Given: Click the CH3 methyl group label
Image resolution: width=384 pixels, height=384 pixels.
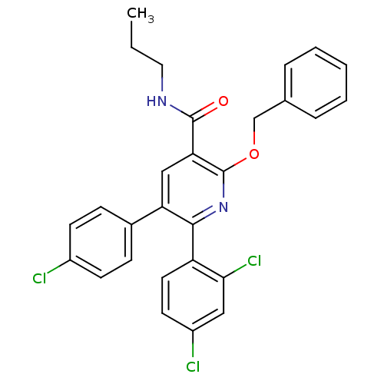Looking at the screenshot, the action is [141, 15].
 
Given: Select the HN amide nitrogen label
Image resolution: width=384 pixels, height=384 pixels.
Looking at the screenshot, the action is [157, 101].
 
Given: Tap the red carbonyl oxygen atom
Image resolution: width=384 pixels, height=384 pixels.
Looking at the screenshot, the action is [223, 101].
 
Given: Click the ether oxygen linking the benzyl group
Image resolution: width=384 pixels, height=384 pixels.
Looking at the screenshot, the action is [254, 154].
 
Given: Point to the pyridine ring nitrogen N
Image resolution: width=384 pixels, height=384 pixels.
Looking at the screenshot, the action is [223, 207].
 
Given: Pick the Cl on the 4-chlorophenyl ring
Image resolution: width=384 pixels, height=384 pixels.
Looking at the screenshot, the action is [39, 279].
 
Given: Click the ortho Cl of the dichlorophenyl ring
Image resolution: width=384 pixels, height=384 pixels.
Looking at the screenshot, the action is [254, 261].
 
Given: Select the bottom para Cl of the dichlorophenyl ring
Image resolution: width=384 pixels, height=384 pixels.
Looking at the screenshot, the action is [193, 367].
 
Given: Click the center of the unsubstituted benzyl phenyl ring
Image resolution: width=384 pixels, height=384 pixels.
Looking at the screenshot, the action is [316, 83].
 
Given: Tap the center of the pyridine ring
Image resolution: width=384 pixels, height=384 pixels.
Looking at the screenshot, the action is [193, 189].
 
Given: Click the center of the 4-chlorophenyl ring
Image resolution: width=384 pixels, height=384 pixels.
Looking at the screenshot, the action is [101, 242].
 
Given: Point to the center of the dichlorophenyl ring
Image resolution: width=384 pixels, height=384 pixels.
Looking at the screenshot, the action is [193, 296].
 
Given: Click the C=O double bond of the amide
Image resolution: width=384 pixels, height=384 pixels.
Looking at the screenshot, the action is [204, 111].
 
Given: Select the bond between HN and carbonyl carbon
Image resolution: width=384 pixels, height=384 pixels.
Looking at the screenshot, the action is [181, 111].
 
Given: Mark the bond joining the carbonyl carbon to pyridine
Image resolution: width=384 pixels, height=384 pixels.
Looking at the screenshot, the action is [193, 136].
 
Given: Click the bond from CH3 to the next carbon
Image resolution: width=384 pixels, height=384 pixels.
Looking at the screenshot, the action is [131, 34].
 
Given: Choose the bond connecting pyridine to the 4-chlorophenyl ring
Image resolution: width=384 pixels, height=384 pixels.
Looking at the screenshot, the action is [147, 216].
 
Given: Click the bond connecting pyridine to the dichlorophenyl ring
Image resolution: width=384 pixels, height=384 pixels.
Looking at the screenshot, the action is [193, 243].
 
